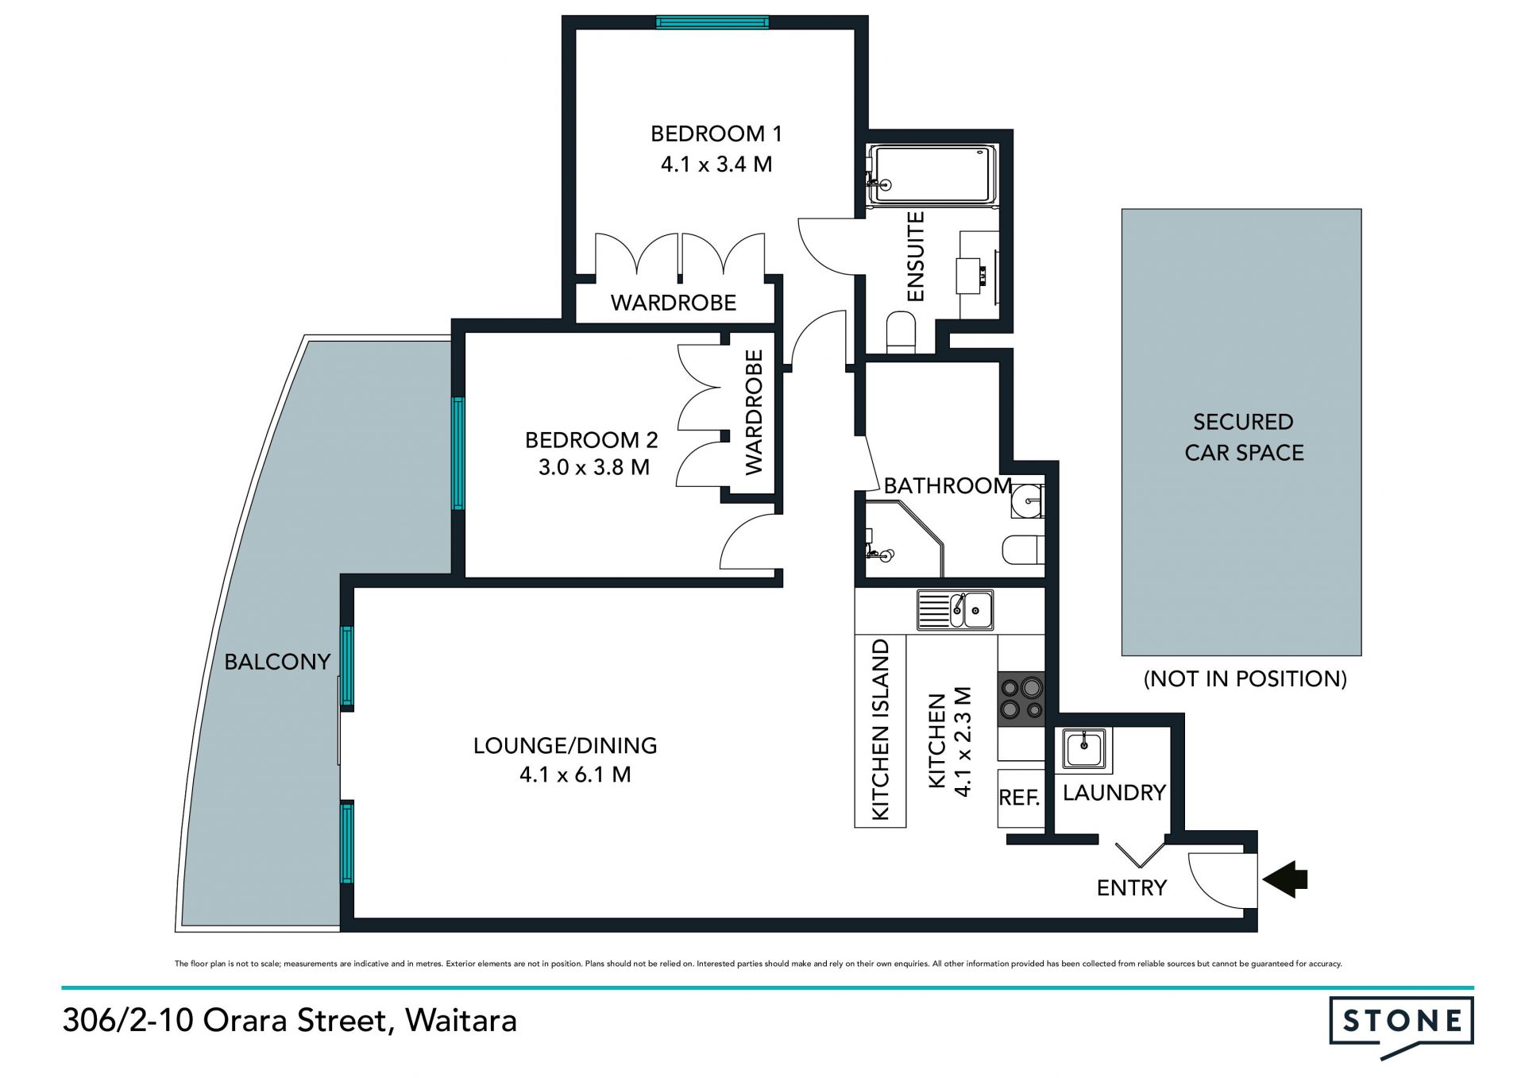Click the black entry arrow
1285,879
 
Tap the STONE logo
1402,1026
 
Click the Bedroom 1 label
716,133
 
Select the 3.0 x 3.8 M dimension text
594,467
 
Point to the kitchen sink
955,610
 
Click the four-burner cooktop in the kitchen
1021,698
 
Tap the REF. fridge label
1020,798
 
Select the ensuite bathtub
932,174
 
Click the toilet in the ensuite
901,333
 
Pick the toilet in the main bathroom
1023,550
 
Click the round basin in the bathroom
1028,501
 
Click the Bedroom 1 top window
712,22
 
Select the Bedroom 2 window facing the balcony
458,453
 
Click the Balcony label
277,662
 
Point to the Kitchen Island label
881,729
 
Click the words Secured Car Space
1244,437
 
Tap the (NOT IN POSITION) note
1245,678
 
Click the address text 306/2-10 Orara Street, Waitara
290,1020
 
